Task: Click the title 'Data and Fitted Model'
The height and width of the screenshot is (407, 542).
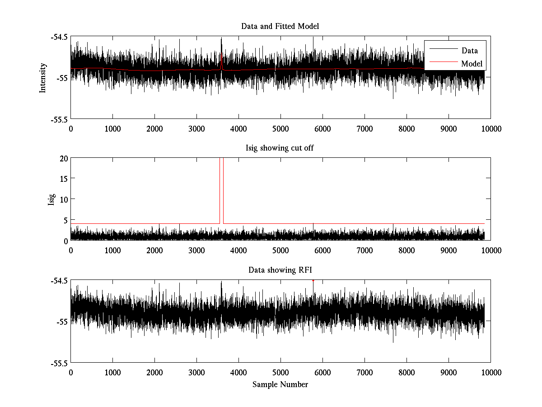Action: click(x=280, y=26)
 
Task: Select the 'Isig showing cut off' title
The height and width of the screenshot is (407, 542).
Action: click(x=280, y=148)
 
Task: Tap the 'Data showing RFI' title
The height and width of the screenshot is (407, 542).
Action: click(x=280, y=270)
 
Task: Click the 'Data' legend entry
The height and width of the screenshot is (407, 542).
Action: click(x=469, y=51)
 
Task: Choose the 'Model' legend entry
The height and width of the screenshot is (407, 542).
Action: click(x=472, y=64)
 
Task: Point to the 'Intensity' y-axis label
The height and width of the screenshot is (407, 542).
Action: click(x=43, y=78)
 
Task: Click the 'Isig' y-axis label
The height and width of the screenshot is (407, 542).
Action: click(x=51, y=199)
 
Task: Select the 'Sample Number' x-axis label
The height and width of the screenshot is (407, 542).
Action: click(x=280, y=384)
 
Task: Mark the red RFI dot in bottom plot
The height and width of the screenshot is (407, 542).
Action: click(x=313, y=280)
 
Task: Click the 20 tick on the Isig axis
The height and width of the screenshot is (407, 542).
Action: click(x=63, y=158)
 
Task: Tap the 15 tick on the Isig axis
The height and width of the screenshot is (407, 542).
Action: click(x=63, y=179)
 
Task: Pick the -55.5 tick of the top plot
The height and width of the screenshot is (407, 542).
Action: click(x=60, y=119)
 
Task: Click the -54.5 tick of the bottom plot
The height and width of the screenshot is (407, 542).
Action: click(x=60, y=280)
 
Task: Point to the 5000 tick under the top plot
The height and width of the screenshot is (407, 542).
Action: click(x=280, y=128)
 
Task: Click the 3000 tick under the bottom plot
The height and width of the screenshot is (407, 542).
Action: click(x=196, y=372)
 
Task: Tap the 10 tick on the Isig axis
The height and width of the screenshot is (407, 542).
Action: click(x=63, y=199)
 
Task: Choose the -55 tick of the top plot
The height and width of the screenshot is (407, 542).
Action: click(x=62, y=78)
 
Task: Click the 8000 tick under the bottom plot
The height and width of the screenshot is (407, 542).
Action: click(x=406, y=372)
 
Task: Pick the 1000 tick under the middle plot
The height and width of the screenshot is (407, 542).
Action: click(x=112, y=250)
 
